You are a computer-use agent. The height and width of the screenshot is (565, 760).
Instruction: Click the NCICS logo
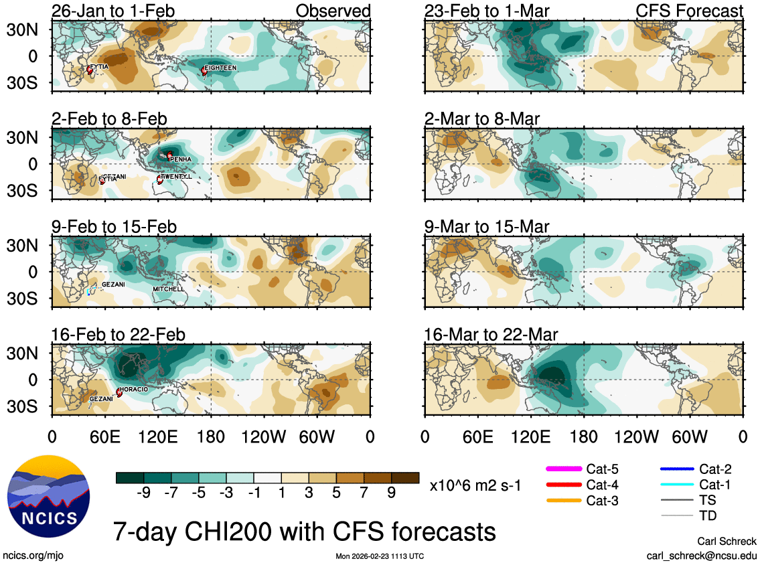coord(48,500)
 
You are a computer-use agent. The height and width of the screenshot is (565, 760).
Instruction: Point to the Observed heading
coord(333,11)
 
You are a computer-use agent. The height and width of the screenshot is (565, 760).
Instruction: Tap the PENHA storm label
coord(181,159)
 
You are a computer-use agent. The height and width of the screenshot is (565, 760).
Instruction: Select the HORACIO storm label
coord(135,389)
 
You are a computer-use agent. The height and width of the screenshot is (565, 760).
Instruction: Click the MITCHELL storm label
coord(168,289)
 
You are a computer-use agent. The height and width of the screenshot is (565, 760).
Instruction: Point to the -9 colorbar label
coord(143,493)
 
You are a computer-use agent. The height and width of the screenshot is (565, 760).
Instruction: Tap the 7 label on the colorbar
coord(364,493)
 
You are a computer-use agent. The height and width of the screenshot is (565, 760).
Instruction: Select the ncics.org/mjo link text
coord(33,556)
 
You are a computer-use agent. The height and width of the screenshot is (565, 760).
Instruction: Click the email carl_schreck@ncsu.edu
coord(701,556)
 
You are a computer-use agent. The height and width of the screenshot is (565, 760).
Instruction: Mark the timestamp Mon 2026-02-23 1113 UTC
coord(380,556)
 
